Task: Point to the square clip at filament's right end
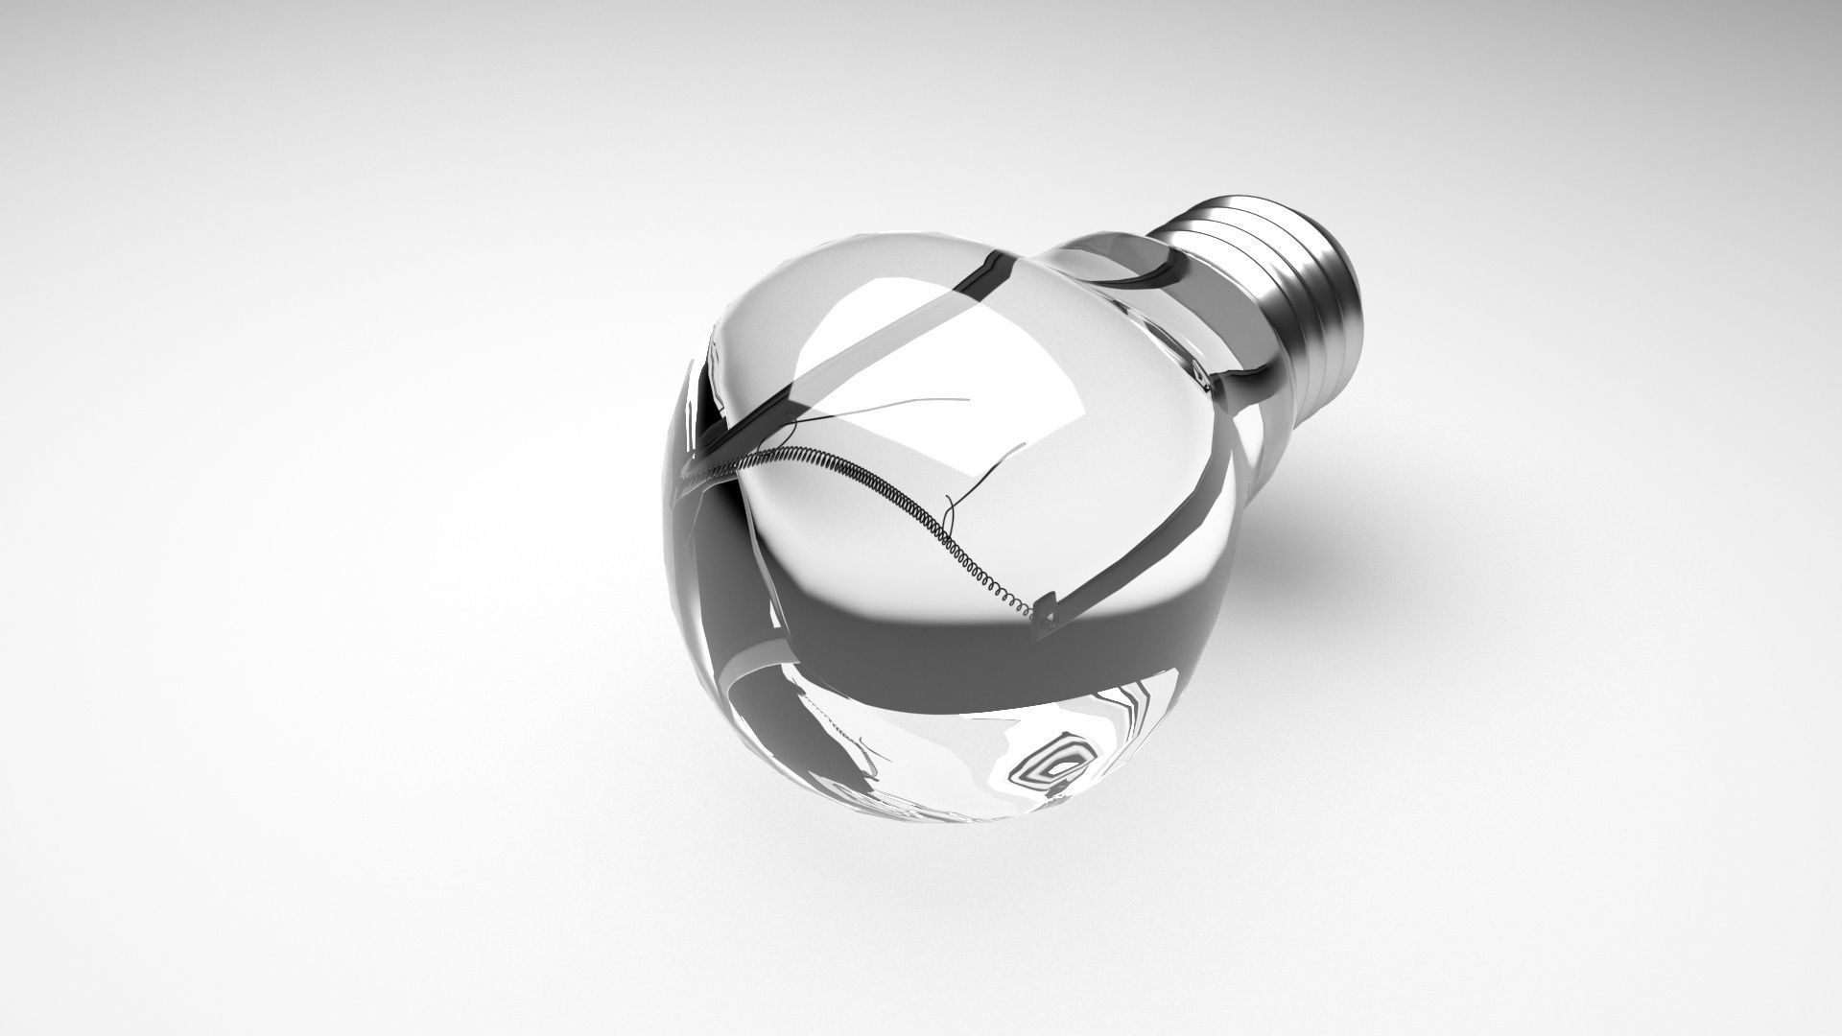[x=1045, y=612]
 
